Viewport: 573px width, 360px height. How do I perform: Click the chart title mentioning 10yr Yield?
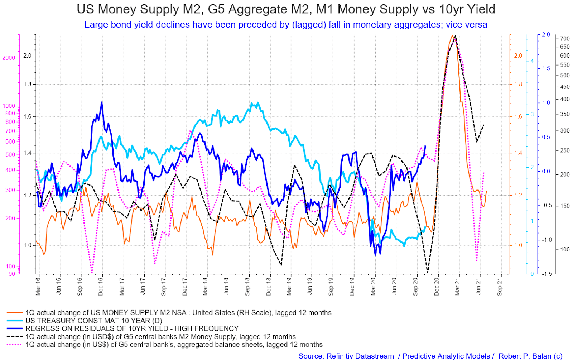(x=286, y=9)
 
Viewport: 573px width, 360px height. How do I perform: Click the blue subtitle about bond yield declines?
(x=286, y=25)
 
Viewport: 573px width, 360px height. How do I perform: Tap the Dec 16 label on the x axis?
(x=101, y=286)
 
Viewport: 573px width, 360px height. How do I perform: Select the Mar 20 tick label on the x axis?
(x=374, y=286)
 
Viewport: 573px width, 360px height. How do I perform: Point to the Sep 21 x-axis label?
(x=500, y=286)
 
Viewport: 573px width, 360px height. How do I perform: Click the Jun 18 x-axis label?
(x=226, y=286)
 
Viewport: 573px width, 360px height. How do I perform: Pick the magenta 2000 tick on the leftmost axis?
(x=9, y=58)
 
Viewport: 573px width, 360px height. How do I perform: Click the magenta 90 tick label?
(x=12, y=274)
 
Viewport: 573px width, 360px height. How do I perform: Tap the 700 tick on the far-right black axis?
(x=565, y=39)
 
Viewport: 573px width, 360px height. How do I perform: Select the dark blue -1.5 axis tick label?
(x=547, y=274)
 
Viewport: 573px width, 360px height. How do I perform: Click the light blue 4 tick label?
(x=532, y=61)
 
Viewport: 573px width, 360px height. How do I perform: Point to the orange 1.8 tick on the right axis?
(x=518, y=85)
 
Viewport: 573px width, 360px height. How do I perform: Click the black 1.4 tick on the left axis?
(x=27, y=153)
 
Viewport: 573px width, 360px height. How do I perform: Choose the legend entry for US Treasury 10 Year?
(x=93, y=321)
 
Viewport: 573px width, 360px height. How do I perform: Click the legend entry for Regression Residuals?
(x=131, y=328)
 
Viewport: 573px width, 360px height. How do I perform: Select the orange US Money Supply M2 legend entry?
(x=178, y=313)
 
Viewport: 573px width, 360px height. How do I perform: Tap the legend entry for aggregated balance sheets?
(x=174, y=345)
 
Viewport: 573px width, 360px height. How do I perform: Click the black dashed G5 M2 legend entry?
(x=160, y=337)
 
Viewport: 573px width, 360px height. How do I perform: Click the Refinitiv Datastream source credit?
(x=346, y=356)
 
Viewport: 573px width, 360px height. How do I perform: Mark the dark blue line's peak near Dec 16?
(x=102, y=102)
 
